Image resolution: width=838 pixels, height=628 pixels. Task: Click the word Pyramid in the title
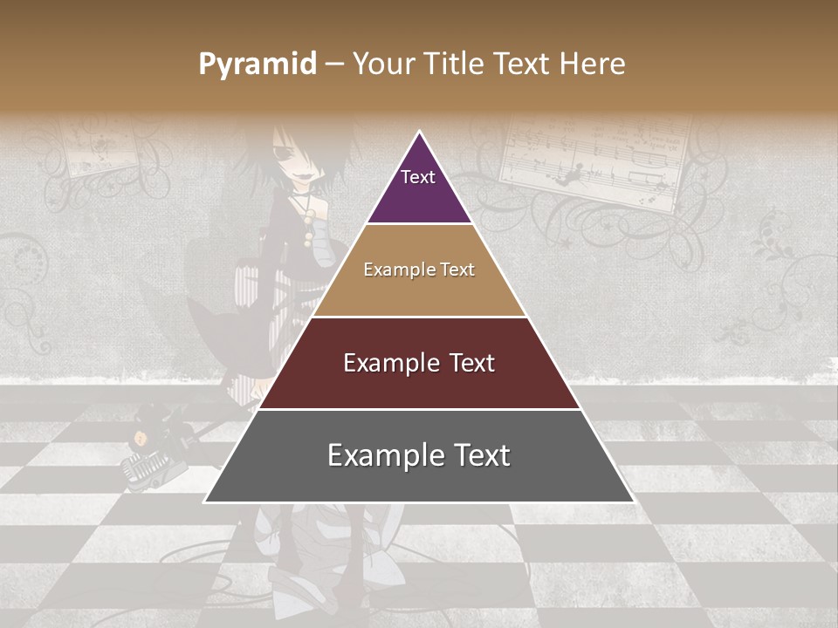(257, 65)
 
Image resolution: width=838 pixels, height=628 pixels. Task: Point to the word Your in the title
(383, 65)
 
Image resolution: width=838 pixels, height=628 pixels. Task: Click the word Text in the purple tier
(417, 177)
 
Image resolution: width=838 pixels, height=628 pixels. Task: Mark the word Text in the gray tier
(479, 455)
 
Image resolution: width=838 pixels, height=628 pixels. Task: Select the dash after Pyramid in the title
(334, 65)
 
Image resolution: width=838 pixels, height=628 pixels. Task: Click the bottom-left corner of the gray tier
(205, 502)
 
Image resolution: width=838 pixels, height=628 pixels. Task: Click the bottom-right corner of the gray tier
(634, 502)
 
